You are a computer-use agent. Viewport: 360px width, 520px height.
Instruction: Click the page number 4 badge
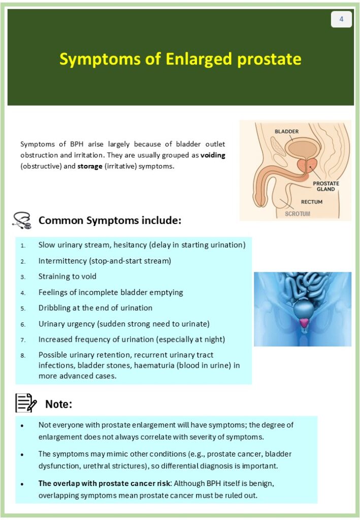tap(341, 19)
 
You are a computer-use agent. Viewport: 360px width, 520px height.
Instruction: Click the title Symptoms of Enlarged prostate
tap(180, 59)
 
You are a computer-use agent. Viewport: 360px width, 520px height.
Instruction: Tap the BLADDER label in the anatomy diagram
tap(286, 132)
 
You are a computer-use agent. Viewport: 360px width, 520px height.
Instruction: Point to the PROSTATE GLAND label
tap(326, 186)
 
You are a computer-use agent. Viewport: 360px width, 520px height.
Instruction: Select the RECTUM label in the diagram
tap(311, 202)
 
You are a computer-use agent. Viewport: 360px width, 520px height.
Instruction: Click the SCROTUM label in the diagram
tap(297, 214)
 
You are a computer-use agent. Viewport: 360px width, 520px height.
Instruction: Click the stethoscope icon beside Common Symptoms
tap(21, 220)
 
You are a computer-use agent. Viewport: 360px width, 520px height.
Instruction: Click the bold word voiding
tap(213, 155)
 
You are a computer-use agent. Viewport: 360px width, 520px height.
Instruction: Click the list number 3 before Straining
tap(23, 277)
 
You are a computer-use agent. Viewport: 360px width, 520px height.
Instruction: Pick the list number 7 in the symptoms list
tap(23, 340)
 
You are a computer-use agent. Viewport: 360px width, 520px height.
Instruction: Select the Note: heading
tap(59, 404)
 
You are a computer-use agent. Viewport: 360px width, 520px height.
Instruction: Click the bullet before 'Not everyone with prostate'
tap(22, 425)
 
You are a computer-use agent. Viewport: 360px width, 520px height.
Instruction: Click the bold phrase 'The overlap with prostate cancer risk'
tap(102, 483)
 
